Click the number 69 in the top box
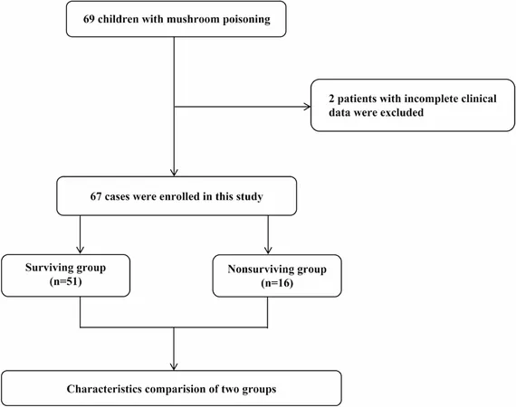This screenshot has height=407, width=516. tap(89, 19)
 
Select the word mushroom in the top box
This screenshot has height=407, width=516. tap(193, 19)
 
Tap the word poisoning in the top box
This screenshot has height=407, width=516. tap(246, 20)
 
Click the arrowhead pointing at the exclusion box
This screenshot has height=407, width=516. tap(307, 107)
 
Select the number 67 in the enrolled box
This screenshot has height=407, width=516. tap(96, 196)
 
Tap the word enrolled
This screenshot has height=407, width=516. tap(179, 196)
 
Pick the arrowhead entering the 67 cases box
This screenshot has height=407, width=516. tap(174, 173)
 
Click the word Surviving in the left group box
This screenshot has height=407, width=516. tap(49, 268)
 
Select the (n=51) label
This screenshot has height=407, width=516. tap(66, 282)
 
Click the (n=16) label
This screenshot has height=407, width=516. tap(277, 283)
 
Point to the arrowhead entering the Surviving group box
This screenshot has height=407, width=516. tap(80, 251)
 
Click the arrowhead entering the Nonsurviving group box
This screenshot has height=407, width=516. tap(268, 251)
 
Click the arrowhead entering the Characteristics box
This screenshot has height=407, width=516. tap(174, 366)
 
